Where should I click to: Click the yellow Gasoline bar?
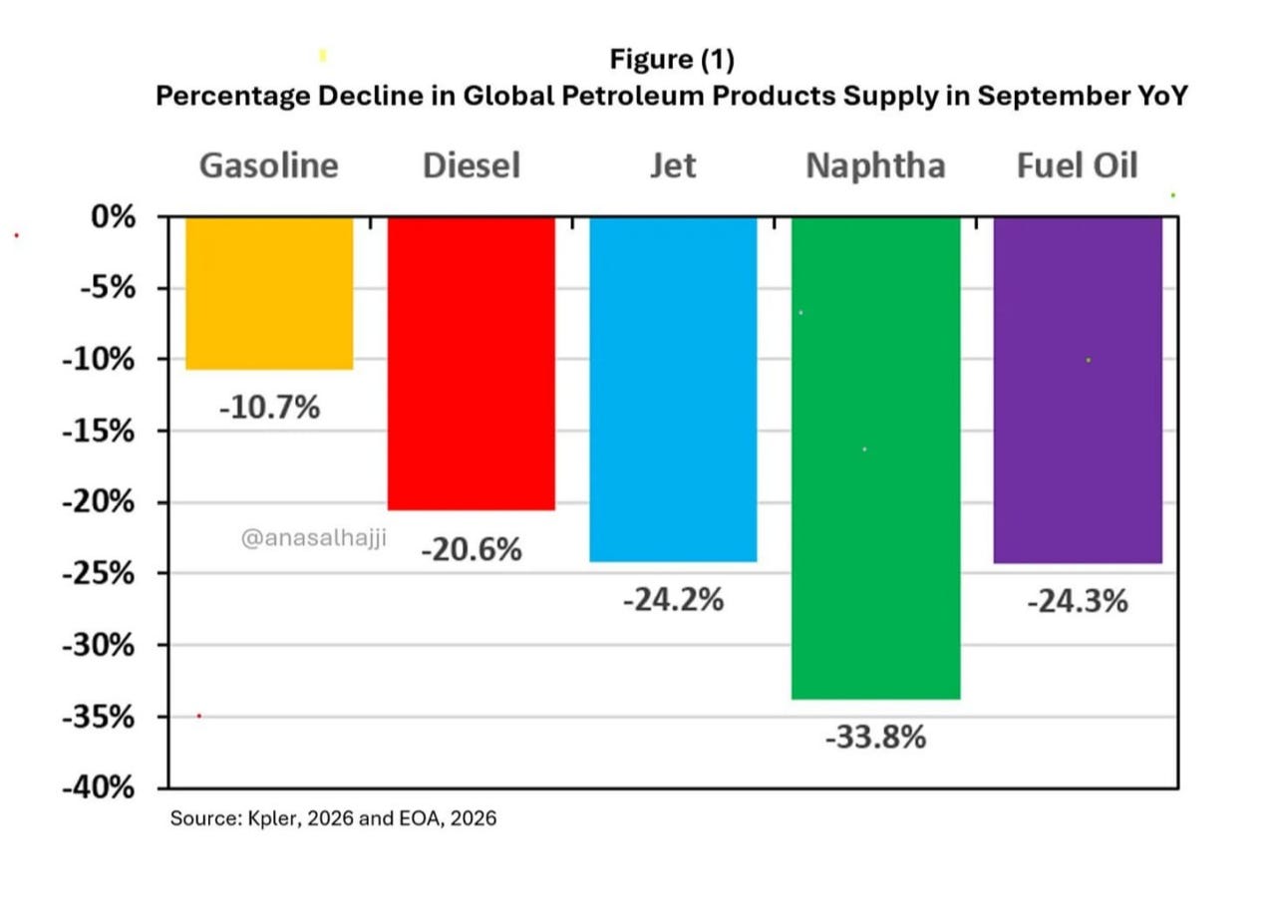(269, 293)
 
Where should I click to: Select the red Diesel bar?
(472, 364)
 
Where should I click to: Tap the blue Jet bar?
(674, 390)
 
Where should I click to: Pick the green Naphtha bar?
(876, 459)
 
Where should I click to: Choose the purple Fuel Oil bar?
(1078, 391)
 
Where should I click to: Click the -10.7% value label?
(270, 407)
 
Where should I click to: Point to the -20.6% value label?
(472, 549)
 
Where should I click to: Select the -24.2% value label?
(674, 599)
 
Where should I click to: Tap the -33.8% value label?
(876, 737)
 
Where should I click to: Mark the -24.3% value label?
(1078, 601)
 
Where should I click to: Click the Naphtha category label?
(876, 165)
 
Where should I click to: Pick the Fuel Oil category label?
(1077, 165)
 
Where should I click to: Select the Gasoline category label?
(269, 165)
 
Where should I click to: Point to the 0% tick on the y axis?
(114, 216)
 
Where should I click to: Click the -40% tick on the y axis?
(99, 787)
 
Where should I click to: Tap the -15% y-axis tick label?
(99, 432)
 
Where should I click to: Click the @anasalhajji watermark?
(314, 537)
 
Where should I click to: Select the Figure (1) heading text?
(672, 59)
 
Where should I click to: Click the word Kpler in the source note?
(272, 818)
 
